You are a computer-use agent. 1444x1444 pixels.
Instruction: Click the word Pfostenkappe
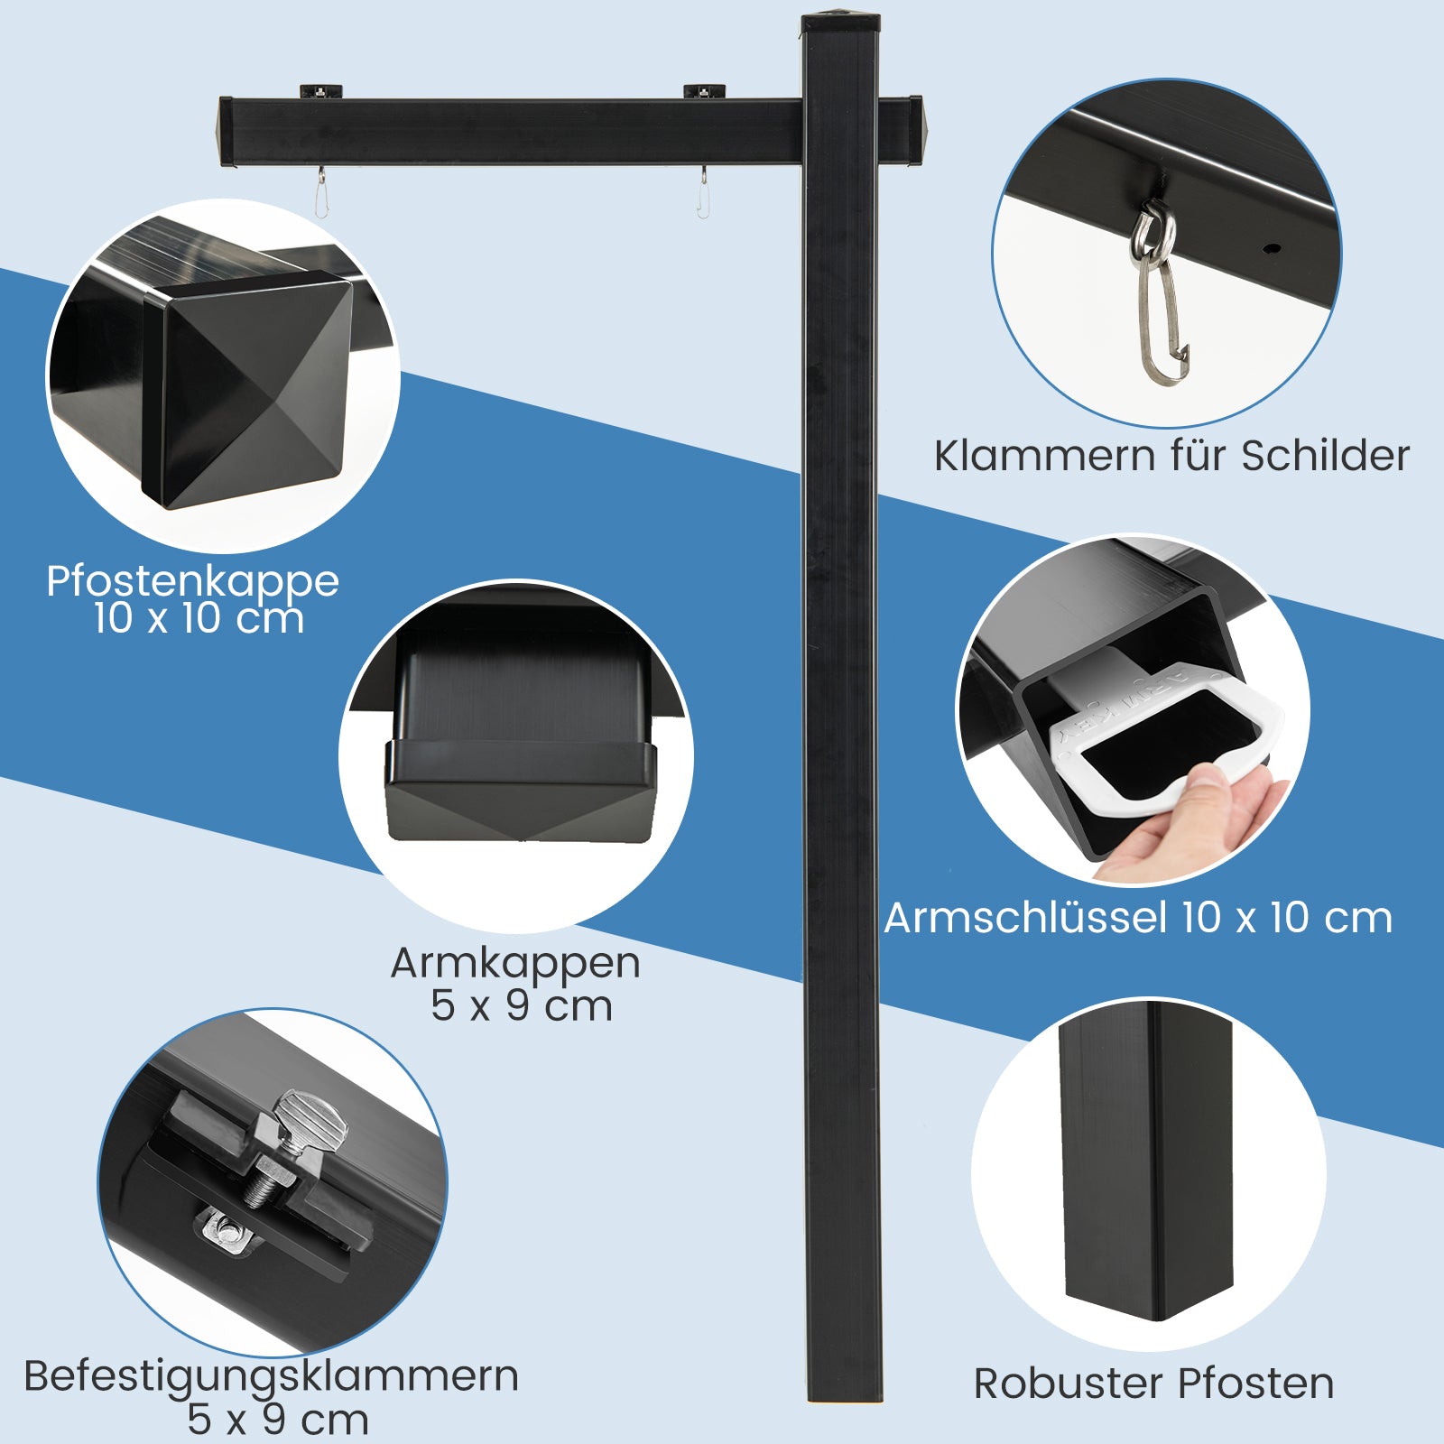[x=192, y=582]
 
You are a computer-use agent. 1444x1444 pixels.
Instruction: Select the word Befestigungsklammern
[x=272, y=1377]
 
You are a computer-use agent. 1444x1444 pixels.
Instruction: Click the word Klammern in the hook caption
[x=1044, y=456]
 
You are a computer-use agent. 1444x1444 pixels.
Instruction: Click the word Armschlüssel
[x=1025, y=918]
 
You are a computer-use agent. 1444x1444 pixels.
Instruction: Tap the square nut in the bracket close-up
[x=226, y=1229]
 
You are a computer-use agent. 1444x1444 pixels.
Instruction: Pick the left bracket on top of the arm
[x=320, y=90]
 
